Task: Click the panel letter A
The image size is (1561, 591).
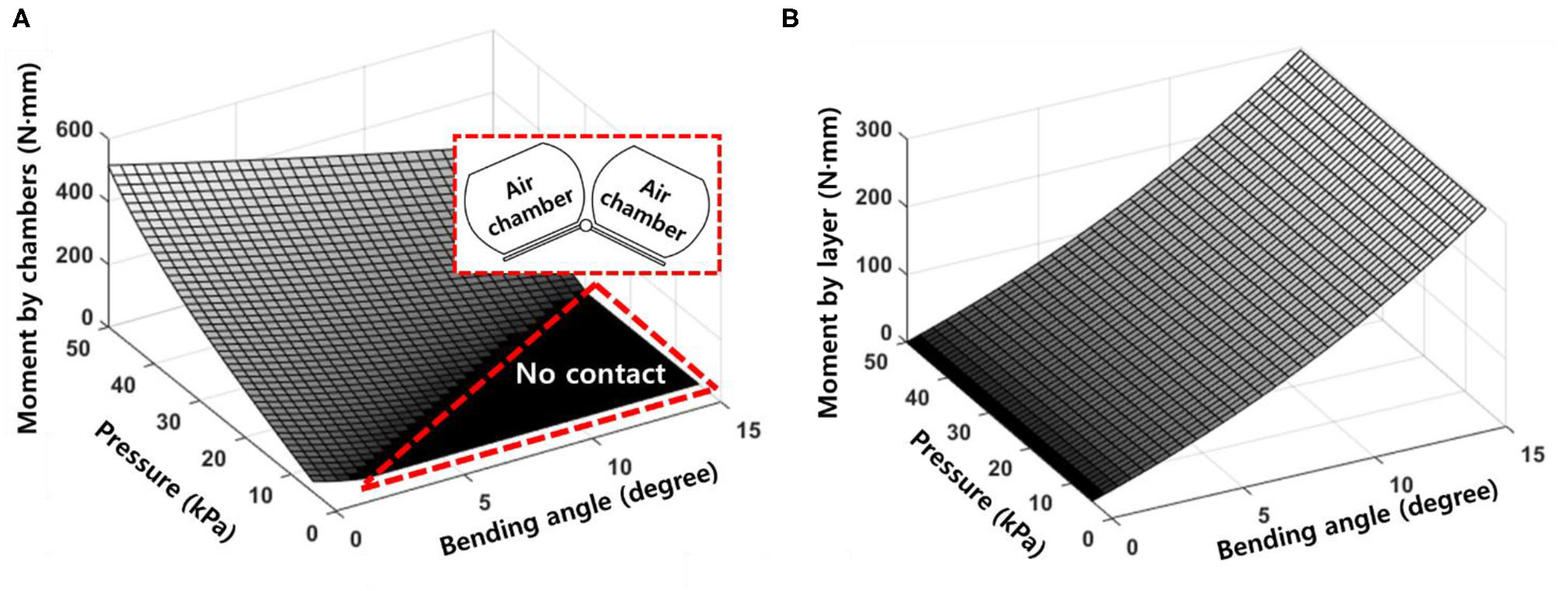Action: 21,19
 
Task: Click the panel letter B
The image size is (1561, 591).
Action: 790,19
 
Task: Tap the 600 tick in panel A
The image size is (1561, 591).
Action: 75,130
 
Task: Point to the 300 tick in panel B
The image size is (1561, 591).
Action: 874,129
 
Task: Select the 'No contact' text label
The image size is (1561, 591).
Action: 590,374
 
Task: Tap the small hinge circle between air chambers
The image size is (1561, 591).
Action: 586,226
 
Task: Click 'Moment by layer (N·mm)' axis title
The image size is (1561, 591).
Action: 829,263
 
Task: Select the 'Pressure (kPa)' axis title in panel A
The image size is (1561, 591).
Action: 164,481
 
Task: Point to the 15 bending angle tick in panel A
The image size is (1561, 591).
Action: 749,430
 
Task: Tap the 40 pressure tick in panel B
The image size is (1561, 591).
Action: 917,398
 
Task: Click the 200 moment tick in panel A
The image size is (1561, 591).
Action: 75,256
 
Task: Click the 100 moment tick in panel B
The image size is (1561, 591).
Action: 874,265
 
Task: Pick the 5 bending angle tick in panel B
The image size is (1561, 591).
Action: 1264,515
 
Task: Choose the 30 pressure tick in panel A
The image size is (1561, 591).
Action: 168,421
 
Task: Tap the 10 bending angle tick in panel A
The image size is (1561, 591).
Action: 620,467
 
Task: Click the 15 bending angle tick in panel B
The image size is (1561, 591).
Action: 1533,454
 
